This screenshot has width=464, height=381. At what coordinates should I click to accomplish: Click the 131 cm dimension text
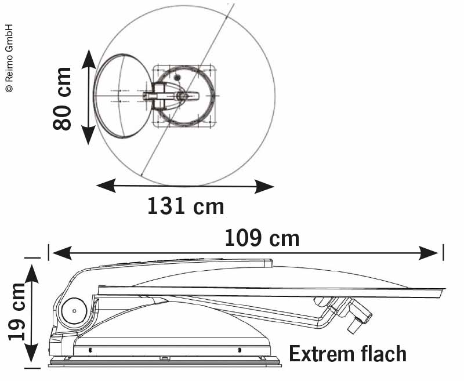(x=185, y=206)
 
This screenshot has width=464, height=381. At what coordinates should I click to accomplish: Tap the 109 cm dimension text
(x=262, y=238)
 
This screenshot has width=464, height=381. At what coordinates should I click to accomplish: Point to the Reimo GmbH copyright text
(x=9, y=58)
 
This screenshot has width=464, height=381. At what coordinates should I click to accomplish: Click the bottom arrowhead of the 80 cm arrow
(x=88, y=137)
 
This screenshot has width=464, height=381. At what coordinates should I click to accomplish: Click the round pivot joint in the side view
(x=75, y=311)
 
